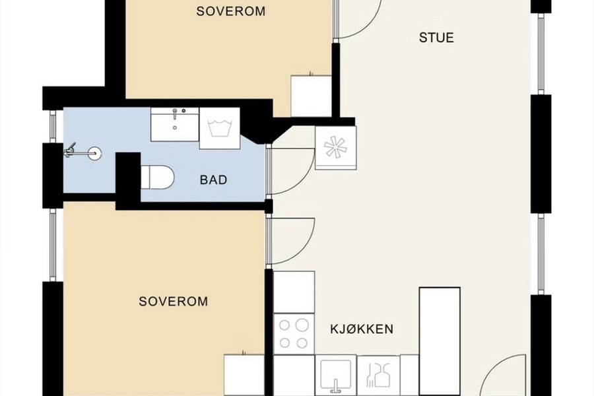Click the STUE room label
[x=436, y=38]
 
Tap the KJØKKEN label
[x=362, y=329]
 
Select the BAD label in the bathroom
[x=213, y=180]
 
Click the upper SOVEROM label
[x=231, y=11]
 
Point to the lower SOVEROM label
[x=173, y=301]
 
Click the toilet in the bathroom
[x=158, y=177]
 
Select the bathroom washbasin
[x=175, y=124]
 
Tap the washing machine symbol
[x=220, y=128]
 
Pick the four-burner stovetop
[x=294, y=334]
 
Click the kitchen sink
[x=335, y=375]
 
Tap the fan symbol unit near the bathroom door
[x=336, y=148]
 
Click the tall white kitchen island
[x=440, y=341]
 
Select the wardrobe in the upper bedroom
[x=311, y=96]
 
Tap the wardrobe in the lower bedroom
[x=244, y=375]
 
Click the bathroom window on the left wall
[x=53, y=127]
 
